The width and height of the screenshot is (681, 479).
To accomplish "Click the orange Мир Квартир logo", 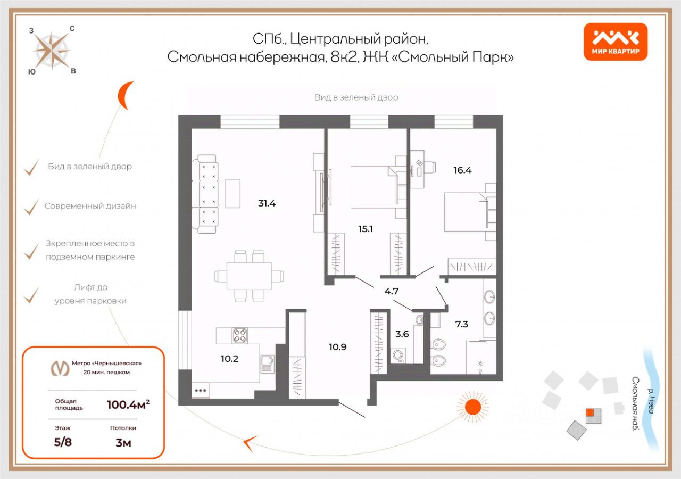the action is coord(616,42).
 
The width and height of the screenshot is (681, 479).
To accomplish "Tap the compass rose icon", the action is coord(52,50).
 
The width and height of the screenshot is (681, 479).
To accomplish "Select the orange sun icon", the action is coord(472,407).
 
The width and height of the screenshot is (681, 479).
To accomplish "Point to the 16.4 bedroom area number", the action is coord(462,170).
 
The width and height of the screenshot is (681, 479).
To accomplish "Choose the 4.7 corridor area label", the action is coord(392,291).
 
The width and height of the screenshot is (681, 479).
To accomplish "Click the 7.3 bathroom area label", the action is coord(461,324).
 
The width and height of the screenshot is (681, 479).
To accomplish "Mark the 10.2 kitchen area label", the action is coord(229,358).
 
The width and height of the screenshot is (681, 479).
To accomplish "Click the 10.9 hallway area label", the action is coord(337,347).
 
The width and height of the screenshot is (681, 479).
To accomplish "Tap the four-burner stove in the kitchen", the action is coord(240,335).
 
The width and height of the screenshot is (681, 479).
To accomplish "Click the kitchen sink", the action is coord(267,363).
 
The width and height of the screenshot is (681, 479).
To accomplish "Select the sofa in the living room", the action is coord(207,194).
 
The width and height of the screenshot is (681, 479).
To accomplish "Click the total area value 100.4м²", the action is coord(128,404).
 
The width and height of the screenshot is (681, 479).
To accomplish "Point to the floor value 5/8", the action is coord(63,443).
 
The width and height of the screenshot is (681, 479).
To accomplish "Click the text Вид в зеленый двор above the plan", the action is coord(356,97).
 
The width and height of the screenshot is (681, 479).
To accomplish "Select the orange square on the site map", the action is coord(589,412).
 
